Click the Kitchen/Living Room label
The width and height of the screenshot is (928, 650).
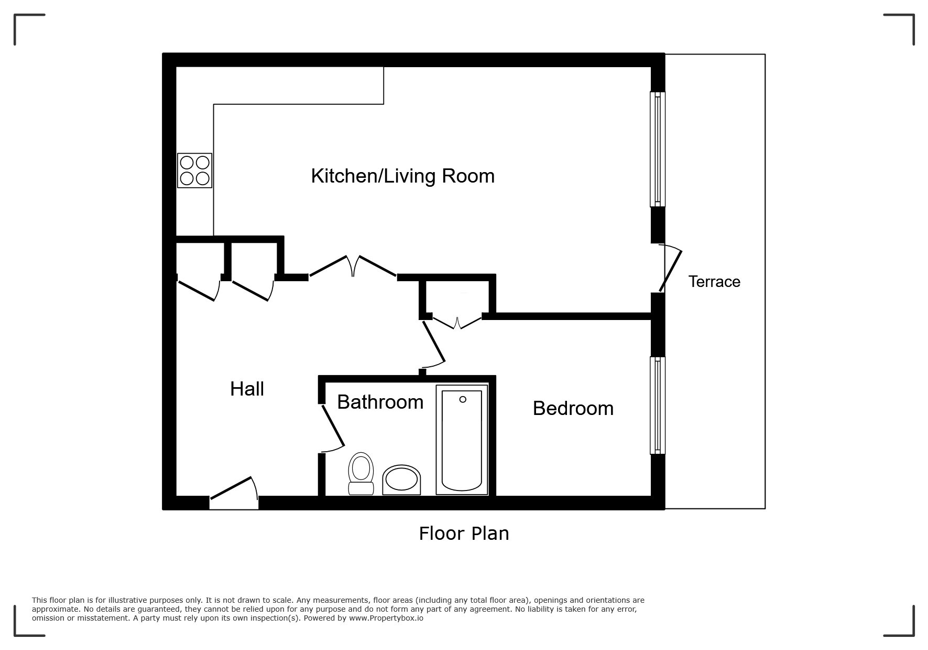(402, 176)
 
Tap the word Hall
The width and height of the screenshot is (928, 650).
(247, 389)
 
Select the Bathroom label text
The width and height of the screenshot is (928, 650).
(380, 402)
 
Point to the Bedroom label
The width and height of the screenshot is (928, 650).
(573, 409)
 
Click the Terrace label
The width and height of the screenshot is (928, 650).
(714, 282)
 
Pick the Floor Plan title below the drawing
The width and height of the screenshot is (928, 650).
(464, 534)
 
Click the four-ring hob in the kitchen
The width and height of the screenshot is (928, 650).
(194, 171)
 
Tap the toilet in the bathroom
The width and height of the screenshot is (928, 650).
(361, 474)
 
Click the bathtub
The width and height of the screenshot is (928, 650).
(462, 441)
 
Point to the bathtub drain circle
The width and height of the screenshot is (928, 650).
(463, 400)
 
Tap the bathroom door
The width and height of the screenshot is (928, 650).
(332, 426)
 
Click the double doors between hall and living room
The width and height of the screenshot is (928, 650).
(353, 267)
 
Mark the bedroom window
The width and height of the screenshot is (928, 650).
(657, 405)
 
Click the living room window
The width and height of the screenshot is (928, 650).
(657, 150)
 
